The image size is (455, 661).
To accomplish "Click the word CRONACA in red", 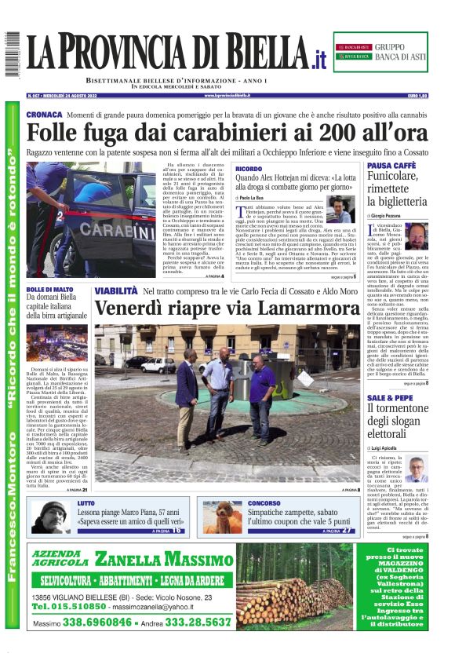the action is click(x=43, y=115).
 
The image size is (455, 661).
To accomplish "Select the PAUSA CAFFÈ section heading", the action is click(x=391, y=166).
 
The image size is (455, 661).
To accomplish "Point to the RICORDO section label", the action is click(x=249, y=169).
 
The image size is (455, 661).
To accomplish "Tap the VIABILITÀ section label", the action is click(x=116, y=291).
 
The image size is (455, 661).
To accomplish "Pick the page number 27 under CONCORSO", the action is click(x=348, y=531).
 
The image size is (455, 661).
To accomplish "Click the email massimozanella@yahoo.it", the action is click(x=155, y=607).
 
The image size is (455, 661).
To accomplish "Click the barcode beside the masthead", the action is click(x=12, y=54).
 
